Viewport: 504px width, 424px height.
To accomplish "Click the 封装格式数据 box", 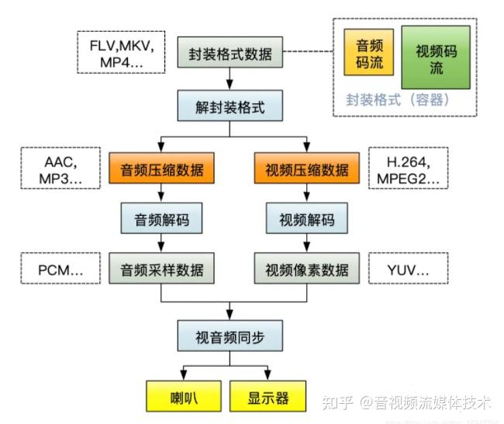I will (x=229, y=55).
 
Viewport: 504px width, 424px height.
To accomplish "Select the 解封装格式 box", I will (x=229, y=107).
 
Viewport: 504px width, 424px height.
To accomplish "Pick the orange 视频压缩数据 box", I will (x=307, y=168).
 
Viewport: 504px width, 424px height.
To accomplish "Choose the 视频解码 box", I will (x=307, y=219).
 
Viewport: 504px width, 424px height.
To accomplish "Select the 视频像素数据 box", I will (x=307, y=270).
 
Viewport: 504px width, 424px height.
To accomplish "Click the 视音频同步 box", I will (x=229, y=336).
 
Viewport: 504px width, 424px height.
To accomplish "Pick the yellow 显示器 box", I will (x=269, y=398).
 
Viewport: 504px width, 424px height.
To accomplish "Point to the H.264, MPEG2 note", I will (x=407, y=169).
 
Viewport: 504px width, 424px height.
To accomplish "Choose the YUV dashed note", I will (x=407, y=271).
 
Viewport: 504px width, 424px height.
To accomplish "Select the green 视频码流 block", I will (x=436, y=57).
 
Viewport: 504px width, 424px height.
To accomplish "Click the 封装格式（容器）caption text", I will (x=399, y=100).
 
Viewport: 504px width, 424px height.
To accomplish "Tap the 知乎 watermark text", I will (x=337, y=401).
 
